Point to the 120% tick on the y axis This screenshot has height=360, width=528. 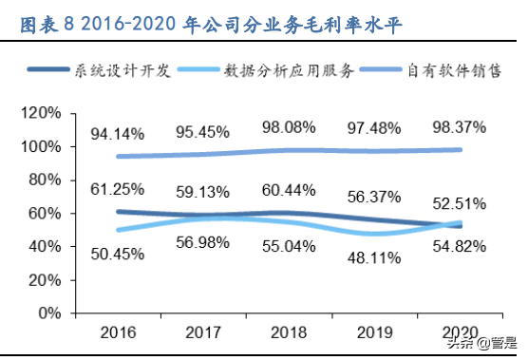pos(43,114)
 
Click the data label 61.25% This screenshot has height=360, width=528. pos(117,190)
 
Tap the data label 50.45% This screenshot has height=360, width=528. pos(117,254)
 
